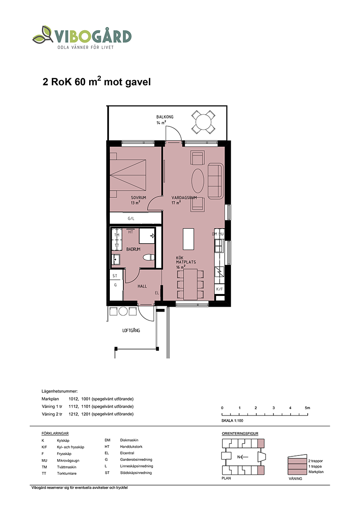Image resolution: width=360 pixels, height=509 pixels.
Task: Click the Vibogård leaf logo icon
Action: click(43, 35)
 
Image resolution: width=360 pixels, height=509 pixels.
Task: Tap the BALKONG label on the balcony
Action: click(165, 117)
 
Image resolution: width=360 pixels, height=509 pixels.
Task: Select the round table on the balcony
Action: click(203, 122)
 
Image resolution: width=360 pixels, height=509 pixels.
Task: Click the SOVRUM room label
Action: click(139, 197)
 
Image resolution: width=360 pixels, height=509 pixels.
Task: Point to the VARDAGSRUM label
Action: click(184, 197)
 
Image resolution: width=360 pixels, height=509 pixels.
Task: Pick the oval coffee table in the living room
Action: click(198, 181)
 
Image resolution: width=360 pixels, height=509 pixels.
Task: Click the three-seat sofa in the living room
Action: click(216, 181)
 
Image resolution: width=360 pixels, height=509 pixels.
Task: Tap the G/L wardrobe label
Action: click(131, 219)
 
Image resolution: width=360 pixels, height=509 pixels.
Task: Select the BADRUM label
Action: click(133, 249)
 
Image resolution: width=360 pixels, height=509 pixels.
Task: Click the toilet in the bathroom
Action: click(149, 257)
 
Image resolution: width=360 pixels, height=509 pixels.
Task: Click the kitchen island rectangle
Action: click(189, 239)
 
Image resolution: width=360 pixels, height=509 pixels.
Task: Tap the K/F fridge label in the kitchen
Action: click(220, 289)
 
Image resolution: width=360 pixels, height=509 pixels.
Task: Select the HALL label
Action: click(142, 286)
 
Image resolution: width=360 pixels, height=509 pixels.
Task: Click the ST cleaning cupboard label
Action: click(115, 276)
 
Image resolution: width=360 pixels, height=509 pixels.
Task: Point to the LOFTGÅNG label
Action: click(131, 330)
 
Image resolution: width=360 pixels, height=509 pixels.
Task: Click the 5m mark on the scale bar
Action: click(307, 408)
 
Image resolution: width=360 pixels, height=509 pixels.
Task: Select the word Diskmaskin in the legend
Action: click(129, 440)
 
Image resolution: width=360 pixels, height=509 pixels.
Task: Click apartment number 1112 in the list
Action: click(73, 406)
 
